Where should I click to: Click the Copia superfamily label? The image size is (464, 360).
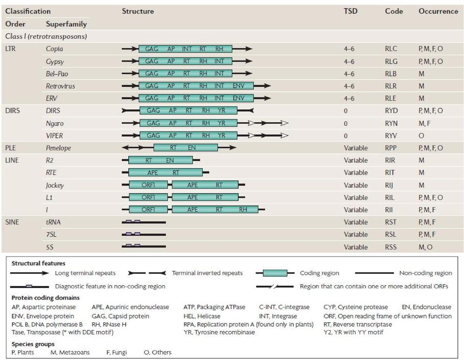[x=55, y=49]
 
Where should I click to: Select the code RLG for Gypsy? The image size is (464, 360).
[x=391, y=61]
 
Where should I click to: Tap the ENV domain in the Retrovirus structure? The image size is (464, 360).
[x=238, y=86]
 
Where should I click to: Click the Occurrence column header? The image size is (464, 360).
[x=438, y=11]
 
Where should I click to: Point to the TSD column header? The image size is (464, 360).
[x=351, y=11]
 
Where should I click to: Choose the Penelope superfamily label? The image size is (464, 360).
[x=58, y=148]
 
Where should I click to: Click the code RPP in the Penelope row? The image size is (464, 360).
[x=391, y=148]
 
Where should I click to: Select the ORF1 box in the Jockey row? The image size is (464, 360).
[x=148, y=185]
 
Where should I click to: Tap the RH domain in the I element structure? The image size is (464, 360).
[x=243, y=209]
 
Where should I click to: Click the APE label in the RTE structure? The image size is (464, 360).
[x=152, y=173]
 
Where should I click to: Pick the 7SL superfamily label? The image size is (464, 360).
[x=51, y=234]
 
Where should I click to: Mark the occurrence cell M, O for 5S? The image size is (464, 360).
[x=425, y=247]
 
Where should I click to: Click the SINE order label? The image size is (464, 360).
[x=12, y=222]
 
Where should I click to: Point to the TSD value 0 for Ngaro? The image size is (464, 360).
[x=346, y=123]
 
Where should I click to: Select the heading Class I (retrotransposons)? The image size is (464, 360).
[x=46, y=36]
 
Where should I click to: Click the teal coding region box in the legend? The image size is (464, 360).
[x=275, y=273]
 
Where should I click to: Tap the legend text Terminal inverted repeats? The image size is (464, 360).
[x=207, y=273]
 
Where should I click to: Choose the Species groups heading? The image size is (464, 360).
[x=33, y=344]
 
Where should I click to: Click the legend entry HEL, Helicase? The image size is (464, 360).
[x=202, y=316]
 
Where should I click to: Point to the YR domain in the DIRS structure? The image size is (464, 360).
[x=221, y=110]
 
